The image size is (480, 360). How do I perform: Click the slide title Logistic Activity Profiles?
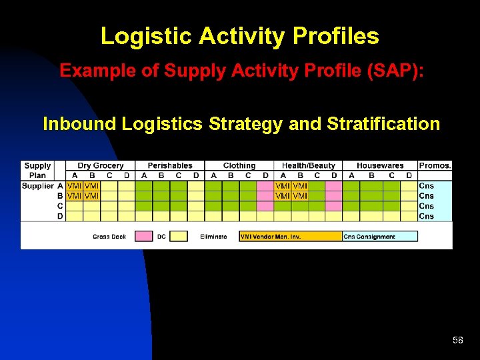coord(239,36)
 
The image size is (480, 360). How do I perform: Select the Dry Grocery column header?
coord(101,165)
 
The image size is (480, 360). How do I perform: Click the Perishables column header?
coord(170,165)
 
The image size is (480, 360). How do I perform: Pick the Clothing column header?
coord(239,165)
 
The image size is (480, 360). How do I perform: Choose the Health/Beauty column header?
coord(309,165)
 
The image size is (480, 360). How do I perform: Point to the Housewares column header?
coord(380,165)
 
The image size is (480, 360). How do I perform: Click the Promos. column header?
coord(435,165)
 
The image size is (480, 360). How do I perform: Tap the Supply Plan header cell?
coord(37,170)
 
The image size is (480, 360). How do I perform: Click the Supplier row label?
coord(37,186)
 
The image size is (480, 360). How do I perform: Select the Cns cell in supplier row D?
coord(427,216)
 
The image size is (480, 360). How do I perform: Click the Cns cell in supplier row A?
coord(427,186)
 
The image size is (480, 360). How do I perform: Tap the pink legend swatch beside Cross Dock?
coord(144,236)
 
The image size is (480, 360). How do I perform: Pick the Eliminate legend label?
coord(213,237)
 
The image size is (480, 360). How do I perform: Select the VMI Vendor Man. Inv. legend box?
coord(290,236)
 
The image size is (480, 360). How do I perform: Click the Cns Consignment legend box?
coord(380,236)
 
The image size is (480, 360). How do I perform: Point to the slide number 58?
coord(457,341)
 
